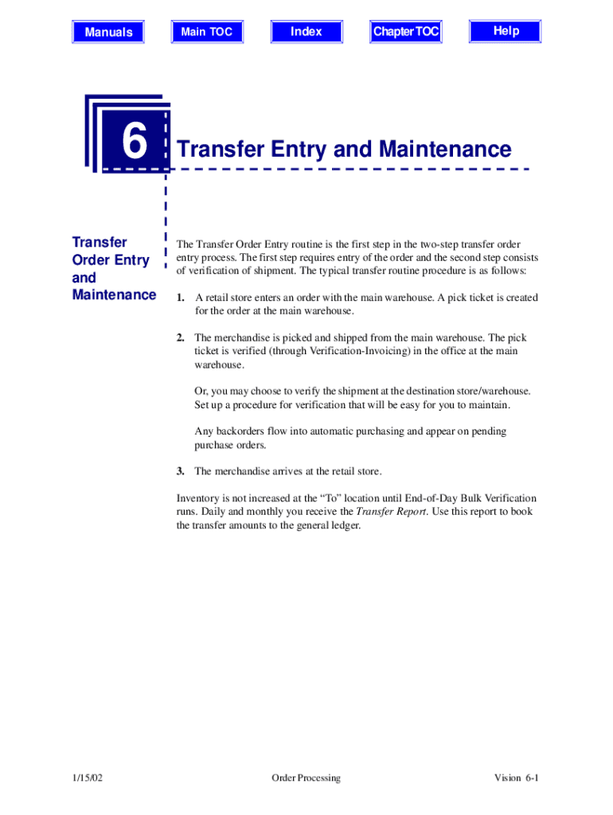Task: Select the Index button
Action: [306, 32]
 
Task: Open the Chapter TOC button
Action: [406, 32]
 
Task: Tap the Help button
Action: [506, 31]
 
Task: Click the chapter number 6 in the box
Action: [135, 143]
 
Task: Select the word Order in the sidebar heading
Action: [89, 260]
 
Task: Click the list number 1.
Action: [181, 298]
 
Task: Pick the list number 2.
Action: [181, 338]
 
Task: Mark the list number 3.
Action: [181, 471]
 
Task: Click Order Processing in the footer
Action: [306, 778]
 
